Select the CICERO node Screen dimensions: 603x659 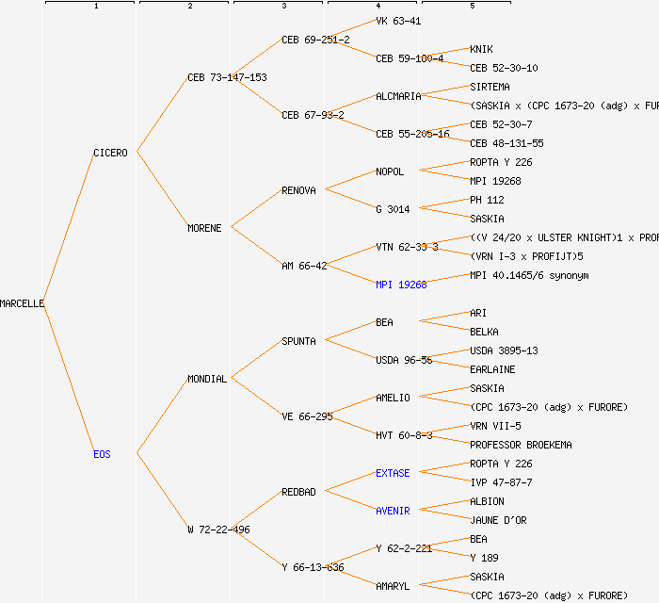tap(110, 153)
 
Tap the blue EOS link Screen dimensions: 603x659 tap(102, 454)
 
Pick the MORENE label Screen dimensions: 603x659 tap(204, 228)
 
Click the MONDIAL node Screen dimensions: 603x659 tap(207, 379)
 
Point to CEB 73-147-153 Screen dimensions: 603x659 tap(227, 77)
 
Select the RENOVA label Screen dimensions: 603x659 tap(298, 190)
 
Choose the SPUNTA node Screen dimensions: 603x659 tap(298, 341)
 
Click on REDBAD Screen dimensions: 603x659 tap(298, 492)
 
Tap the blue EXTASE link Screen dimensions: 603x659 tap(393, 473)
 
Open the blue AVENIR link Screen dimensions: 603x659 tap(393, 511)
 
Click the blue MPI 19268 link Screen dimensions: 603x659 tap(401, 285)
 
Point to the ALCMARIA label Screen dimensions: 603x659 tap(398, 96)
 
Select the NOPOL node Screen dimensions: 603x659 tap(390, 171)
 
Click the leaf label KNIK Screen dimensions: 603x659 tap(481, 49)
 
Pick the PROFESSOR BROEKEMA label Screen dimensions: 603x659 tap(521, 445)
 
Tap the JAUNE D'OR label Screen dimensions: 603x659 tap(499, 520)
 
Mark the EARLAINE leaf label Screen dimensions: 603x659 tap(492, 369)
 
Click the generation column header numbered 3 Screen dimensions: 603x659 tap(283, 7)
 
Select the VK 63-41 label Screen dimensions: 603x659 tap(398, 21)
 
